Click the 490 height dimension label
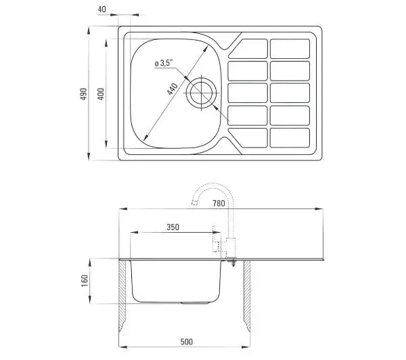(x=83, y=94)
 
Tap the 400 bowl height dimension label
(x=101, y=94)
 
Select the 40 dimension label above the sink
(x=101, y=9)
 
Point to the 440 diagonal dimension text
(x=172, y=89)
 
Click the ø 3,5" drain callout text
(x=164, y=63)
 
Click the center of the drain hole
(x=201, y=93)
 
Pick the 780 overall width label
(x=219, y=204)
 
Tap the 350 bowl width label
(x=173, y=227)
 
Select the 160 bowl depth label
(x=85, y=281)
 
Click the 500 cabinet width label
(x=187, y=342)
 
